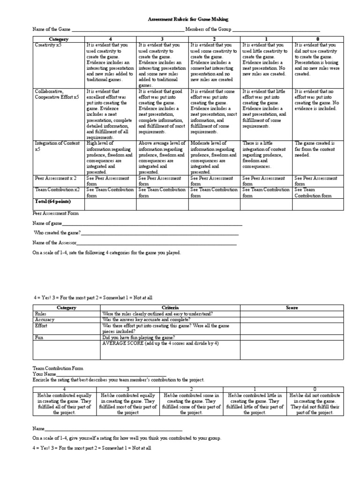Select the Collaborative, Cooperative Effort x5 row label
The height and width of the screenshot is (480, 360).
point(57,94)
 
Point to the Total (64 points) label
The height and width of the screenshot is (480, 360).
point(52,201)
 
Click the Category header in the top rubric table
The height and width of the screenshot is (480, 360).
point(59,39)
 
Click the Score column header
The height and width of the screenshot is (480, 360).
point(292,307)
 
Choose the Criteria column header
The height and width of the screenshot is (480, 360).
point(170,307)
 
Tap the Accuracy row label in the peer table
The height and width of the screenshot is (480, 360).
point(45,319)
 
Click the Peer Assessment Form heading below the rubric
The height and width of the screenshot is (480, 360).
point(55,213)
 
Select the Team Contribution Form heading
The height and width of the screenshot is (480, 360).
point(59,369)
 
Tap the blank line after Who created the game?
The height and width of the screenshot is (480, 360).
point(159,233)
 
